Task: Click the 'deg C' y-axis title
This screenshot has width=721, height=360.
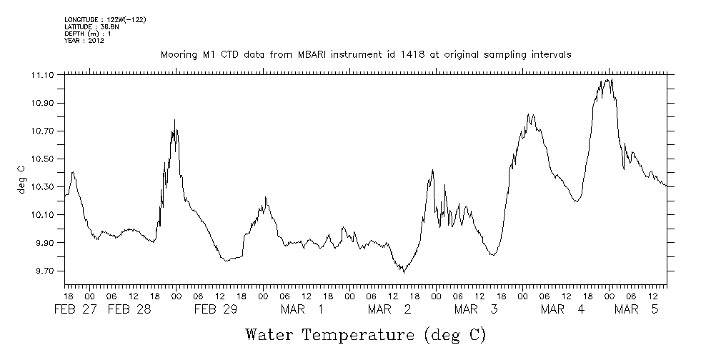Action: [21, 179]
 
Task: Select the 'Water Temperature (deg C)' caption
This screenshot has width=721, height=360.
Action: [365, 334]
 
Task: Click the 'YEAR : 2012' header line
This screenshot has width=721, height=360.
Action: [84, 41]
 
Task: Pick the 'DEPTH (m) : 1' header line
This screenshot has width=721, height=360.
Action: [87, 34]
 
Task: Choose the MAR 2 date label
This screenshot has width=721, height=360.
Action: [390, 309]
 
